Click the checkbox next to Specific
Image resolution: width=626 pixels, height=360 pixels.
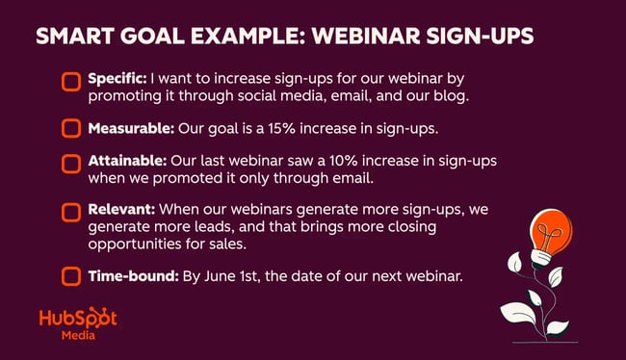[70, 81]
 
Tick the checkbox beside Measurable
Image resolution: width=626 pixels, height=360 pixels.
[70, 127]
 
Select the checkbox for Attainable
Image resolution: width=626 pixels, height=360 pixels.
[70, 164]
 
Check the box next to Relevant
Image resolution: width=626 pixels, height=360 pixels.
[70, 211]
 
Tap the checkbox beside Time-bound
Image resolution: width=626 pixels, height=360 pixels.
[70, 277]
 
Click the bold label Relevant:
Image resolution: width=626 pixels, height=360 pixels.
[123, 207]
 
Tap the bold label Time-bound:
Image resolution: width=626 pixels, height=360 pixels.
[133, 276]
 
